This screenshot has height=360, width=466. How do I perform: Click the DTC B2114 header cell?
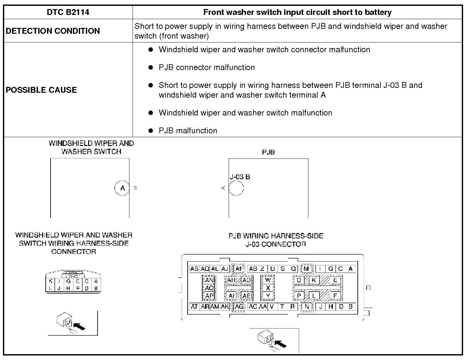[x=68, y=12]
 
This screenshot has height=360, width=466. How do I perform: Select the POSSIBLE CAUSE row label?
[x=41, y=90]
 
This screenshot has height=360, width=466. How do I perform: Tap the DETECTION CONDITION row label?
[x=52, y=31]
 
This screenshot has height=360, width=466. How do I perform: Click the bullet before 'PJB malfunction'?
[x=150, y=131]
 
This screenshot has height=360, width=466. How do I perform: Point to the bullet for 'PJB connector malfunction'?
[x=150, y=67]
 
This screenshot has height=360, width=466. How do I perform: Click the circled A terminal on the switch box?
[x=122, y=188]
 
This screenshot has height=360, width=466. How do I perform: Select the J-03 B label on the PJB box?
[x=240, y=177]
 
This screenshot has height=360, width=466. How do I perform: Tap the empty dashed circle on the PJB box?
[x=236, y=188]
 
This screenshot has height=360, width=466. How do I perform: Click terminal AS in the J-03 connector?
[x=194, y=269]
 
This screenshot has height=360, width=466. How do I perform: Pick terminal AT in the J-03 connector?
[x=194, y=306]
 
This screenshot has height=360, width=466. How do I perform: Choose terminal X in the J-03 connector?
[x=268, y=288]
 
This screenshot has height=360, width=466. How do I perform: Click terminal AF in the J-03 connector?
[x=239, y=269]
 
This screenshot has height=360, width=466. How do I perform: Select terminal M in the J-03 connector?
[x=306, y=269]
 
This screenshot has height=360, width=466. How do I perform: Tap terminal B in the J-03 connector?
[x=350, y=306]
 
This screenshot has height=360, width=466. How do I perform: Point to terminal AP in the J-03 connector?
[x=209, y=295]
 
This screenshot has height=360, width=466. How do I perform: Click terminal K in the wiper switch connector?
[x=51, y=282]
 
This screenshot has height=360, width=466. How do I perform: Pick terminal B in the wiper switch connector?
[x=96, y=288]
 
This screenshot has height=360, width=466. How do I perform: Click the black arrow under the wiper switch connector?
[x=79, y=326]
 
